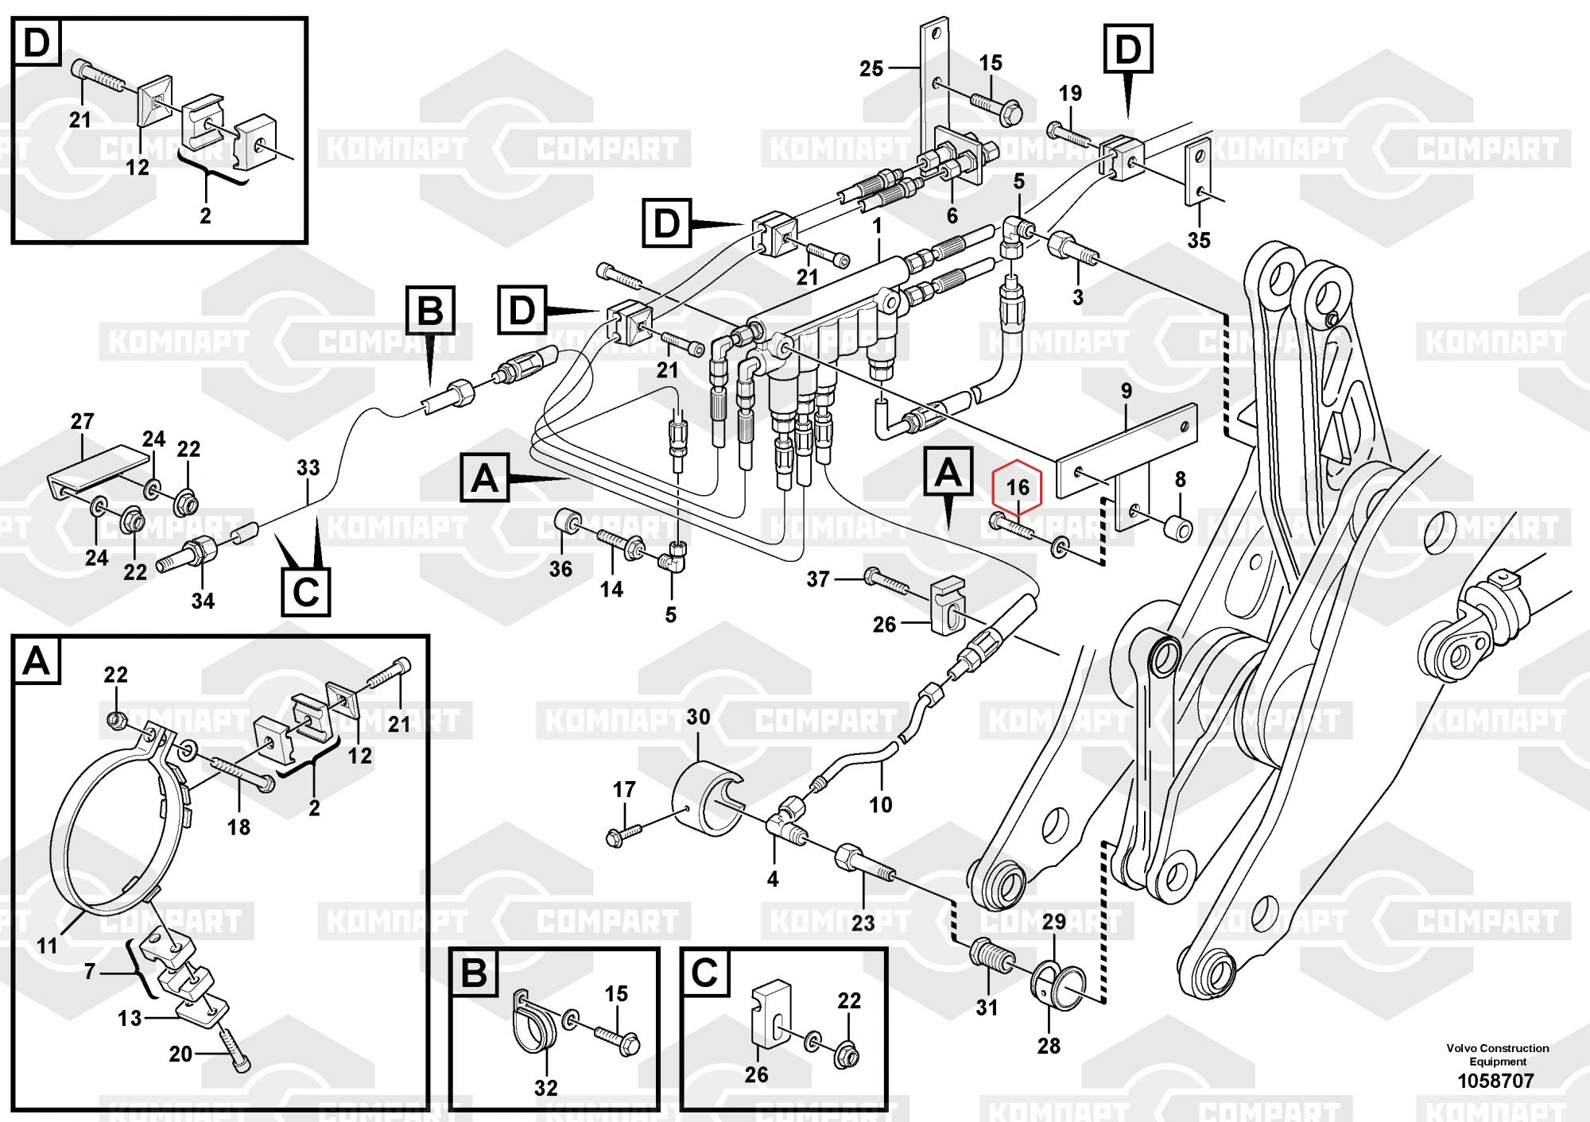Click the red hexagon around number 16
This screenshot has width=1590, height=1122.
click(1018, 486)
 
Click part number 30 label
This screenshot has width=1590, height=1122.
click(698, 717)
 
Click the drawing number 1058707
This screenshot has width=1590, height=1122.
click(1495, 1081)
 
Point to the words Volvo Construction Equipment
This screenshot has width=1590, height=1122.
click(1497, 1054)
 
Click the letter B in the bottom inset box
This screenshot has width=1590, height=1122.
click(474, 973)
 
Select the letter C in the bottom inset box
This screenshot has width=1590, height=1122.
click(705, 973)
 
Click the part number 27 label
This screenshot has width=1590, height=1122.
click(82, 421)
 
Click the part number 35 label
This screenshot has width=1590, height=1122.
click(1198, 239)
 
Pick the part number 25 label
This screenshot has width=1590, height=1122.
click(871, 69)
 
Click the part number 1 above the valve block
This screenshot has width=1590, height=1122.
click(877, 226)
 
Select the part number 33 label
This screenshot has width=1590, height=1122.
click(308, 467)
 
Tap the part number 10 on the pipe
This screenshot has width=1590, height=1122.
click(880, 805)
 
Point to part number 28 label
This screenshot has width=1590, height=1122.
click(1049, 1046)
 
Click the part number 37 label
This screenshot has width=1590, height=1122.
click(818, 579)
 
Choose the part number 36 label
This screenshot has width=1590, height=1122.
click(560, 569)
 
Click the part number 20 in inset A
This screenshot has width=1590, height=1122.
click(180, 1054)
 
